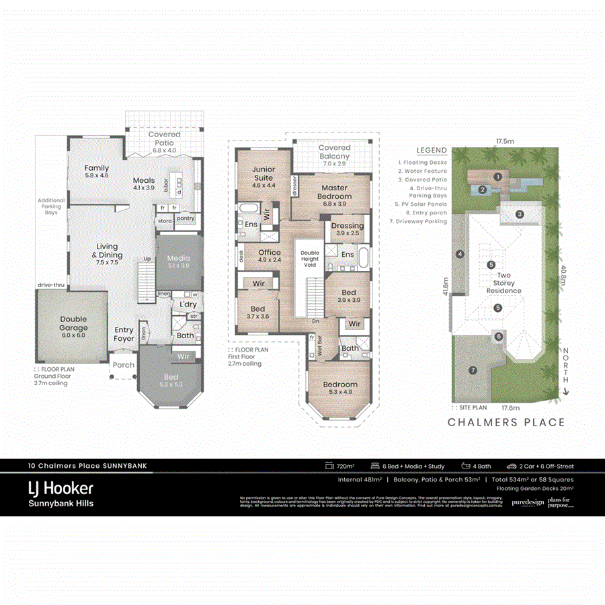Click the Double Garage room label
pyautogui.click(x=74, y=323)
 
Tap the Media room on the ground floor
pyautogui.click(x=177, y=261)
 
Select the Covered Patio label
pyautogui.click(x=164, y=138)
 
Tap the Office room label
pyautogui.click(x=269, y=256)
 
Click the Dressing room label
pyautogui.click(x=348, y=229)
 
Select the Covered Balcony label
pyautogui.click(x=334, y=151)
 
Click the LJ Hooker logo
pyautogui.click(x=60, y=488)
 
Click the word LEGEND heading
pyautogui.click(x=431, y=151)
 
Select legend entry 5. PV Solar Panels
pyautogui.click(x=431, y=203)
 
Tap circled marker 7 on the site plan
pyautogui.click(x=473, y=370)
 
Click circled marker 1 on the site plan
pyautogui.click(x=497, y=177)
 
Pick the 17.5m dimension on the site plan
pyautogui.click(x=505, y=142)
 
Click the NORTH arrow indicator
pyautogui.click(x=567, y=372)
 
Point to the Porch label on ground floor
pyautogui.click(x=124, y=365)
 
